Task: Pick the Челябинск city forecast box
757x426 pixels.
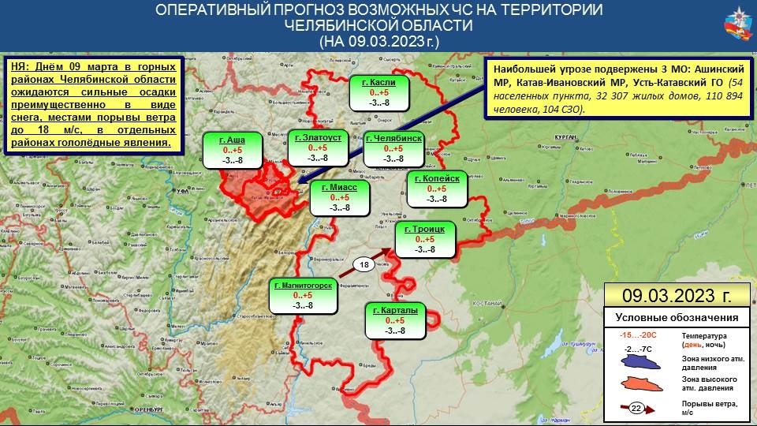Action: click(393, 148)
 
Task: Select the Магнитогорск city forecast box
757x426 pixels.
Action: click(303, 294)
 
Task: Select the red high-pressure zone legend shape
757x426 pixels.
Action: click(640, 384)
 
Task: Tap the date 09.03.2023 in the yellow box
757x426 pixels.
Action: click(676, 296)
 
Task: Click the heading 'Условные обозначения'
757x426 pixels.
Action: click(676, 318)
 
